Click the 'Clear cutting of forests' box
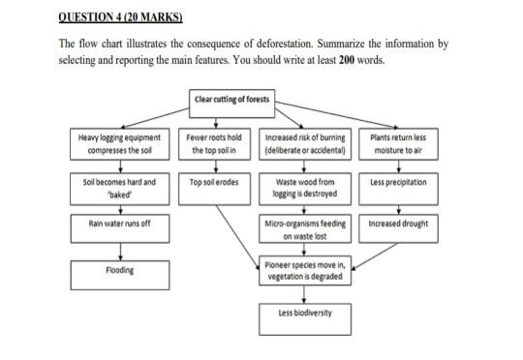[x=232, y=100]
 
